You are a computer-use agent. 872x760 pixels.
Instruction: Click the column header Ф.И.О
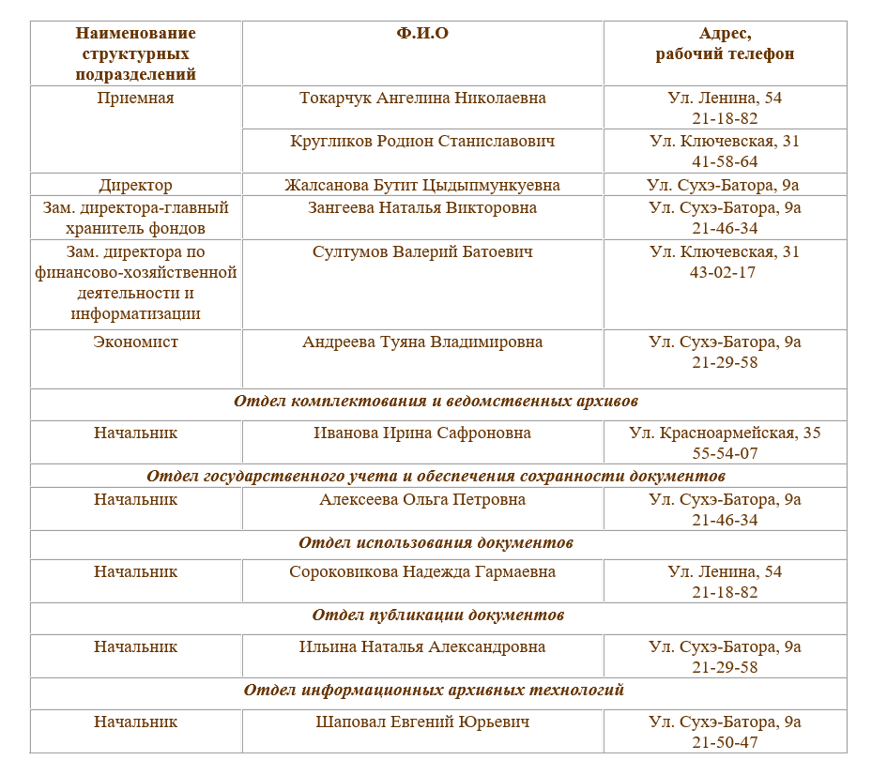click(422, 33)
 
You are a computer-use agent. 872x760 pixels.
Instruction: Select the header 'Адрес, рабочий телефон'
click(725, 43)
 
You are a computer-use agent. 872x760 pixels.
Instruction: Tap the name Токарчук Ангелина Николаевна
click(422, 98)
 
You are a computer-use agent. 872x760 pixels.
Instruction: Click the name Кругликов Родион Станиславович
click(422, 141)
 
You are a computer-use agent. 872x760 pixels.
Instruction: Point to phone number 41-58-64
click(725, 161)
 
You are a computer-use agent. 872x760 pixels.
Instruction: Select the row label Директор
click(135, 185)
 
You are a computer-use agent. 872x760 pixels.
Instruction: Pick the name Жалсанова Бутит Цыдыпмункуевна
click(422, 185)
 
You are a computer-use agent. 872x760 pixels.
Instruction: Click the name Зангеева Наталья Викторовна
click(422, 207)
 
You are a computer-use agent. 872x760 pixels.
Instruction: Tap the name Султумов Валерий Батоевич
click(422, 251)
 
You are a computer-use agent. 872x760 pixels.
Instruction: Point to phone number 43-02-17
click(725, 272)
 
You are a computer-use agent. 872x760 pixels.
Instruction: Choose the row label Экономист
click(135, 342)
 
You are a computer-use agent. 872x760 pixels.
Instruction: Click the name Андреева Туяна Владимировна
click(422, 342)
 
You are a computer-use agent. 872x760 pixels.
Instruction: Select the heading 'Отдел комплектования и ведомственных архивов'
click(436, 401)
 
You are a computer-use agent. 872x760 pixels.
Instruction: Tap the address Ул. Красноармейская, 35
click(725, 433)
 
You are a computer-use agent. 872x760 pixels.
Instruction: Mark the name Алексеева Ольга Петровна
click(422, 499)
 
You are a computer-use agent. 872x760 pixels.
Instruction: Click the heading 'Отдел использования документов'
click(436, 542)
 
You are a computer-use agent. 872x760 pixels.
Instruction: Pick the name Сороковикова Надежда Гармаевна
click(422, 571)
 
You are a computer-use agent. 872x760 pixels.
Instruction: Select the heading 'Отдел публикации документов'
click(437, 615)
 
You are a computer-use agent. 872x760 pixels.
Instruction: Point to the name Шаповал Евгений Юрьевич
click(422, 722)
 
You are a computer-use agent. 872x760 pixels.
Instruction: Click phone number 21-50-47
click(725, 742)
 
